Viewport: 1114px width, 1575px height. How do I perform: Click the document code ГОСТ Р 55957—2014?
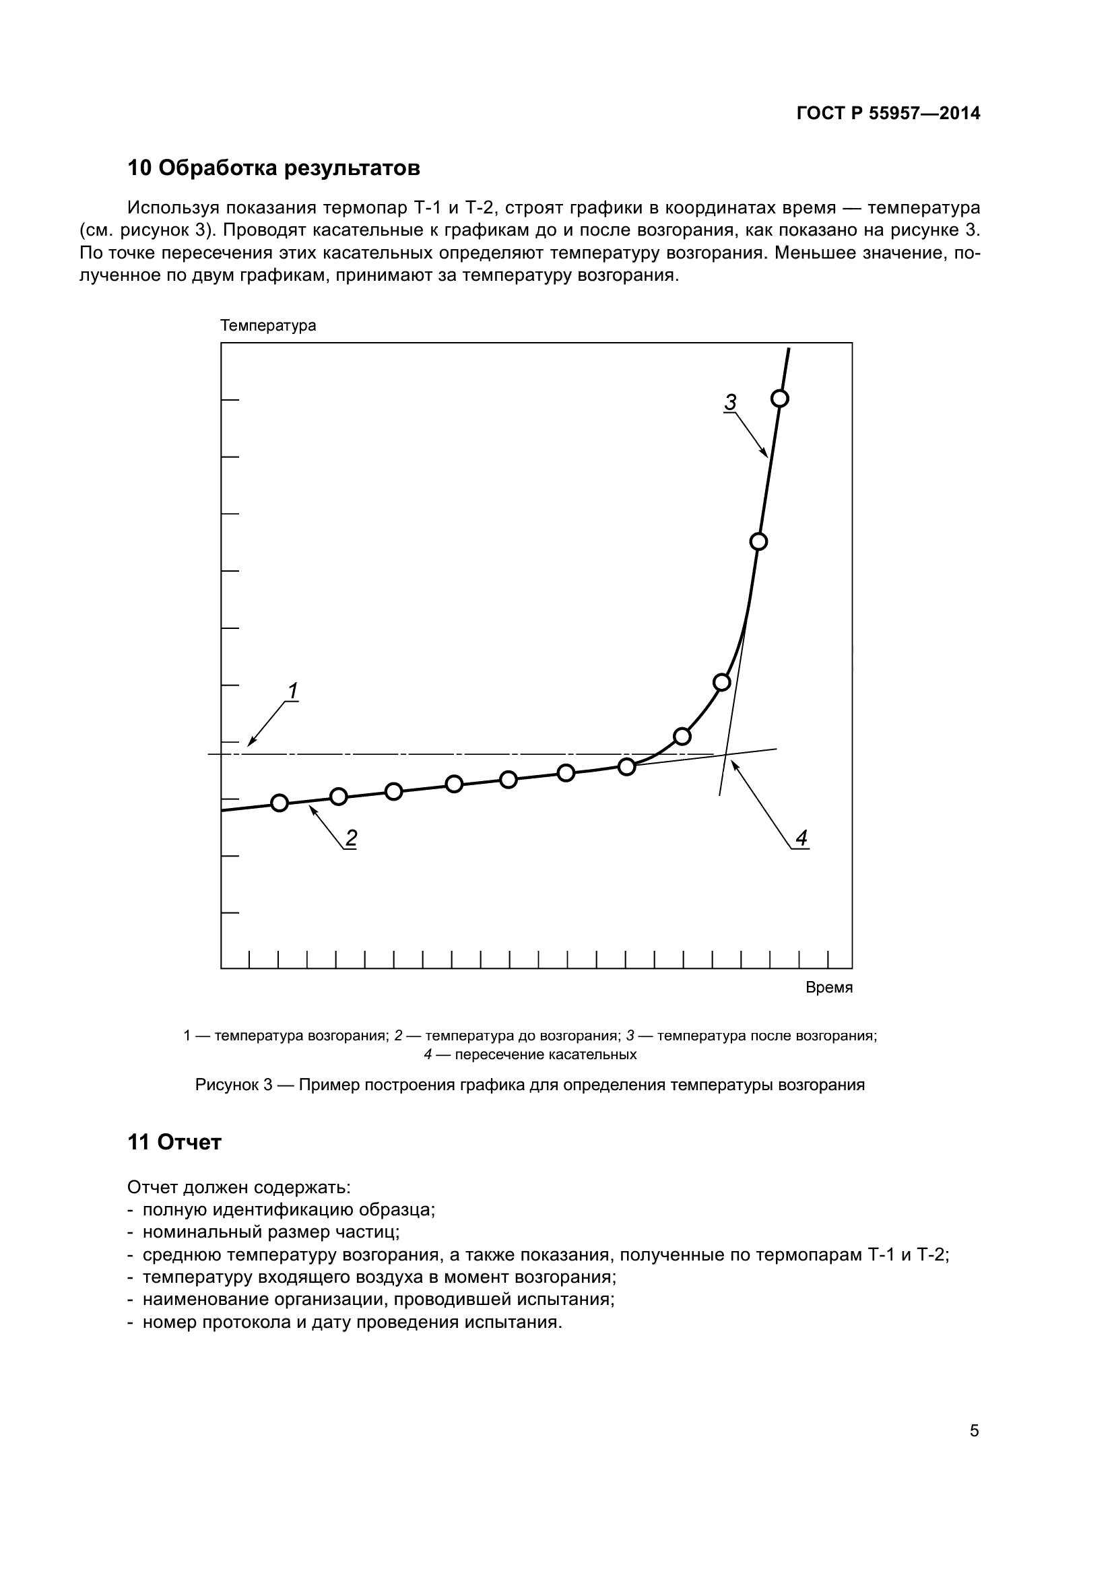pos(888,114)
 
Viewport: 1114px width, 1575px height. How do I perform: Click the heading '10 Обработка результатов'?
pos(273,168)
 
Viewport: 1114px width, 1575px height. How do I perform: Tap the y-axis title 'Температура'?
pos(268,326)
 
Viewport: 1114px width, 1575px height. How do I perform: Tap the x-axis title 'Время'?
pos(828,988)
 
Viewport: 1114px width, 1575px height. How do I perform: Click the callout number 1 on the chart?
pos(293,691)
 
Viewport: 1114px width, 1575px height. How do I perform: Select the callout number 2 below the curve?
pos(351,838)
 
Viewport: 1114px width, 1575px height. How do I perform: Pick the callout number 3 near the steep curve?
pos(731,402)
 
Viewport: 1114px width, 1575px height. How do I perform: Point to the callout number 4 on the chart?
pos(801,838)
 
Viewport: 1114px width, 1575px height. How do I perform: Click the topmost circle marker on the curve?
pos(780,399)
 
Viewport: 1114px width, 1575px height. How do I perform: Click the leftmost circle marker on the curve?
pos(280,803)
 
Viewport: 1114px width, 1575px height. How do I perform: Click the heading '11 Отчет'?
pos(174,1142)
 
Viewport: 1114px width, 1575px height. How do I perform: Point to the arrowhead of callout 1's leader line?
pos(250,744)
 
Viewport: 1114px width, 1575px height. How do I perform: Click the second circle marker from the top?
pos(758,542)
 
